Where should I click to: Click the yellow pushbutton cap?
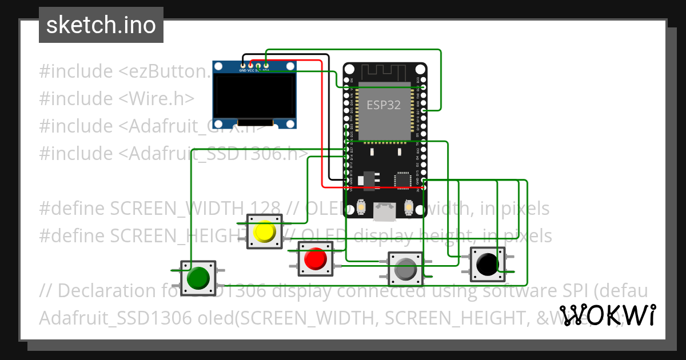265,231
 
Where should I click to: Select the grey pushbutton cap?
406,269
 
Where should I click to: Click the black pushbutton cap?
488,264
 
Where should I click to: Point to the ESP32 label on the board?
383,105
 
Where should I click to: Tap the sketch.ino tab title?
101,25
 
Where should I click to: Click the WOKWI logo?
607,315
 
